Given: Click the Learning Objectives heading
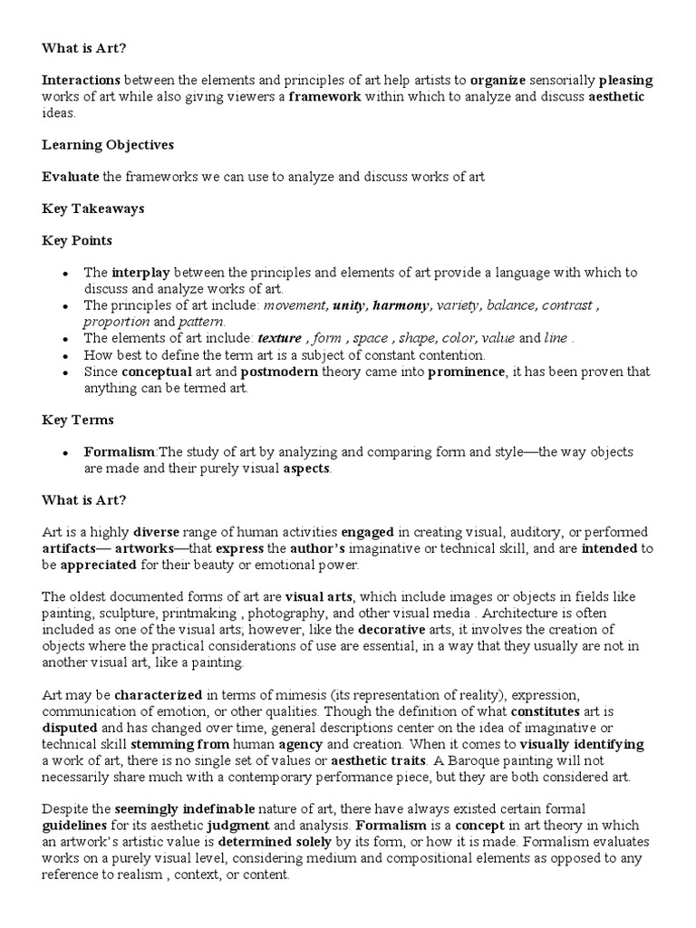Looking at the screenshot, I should coord(108,145).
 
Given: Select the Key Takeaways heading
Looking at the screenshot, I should coord(92,208).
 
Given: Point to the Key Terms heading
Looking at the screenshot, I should coord(78,420).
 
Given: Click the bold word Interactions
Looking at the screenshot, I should coord(82,81).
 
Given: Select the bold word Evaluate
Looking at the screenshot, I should coord(72,177).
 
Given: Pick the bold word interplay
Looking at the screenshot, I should coord(140,273).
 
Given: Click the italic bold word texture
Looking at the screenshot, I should coord(280,338).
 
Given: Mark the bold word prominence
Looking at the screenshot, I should coord(467,372).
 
